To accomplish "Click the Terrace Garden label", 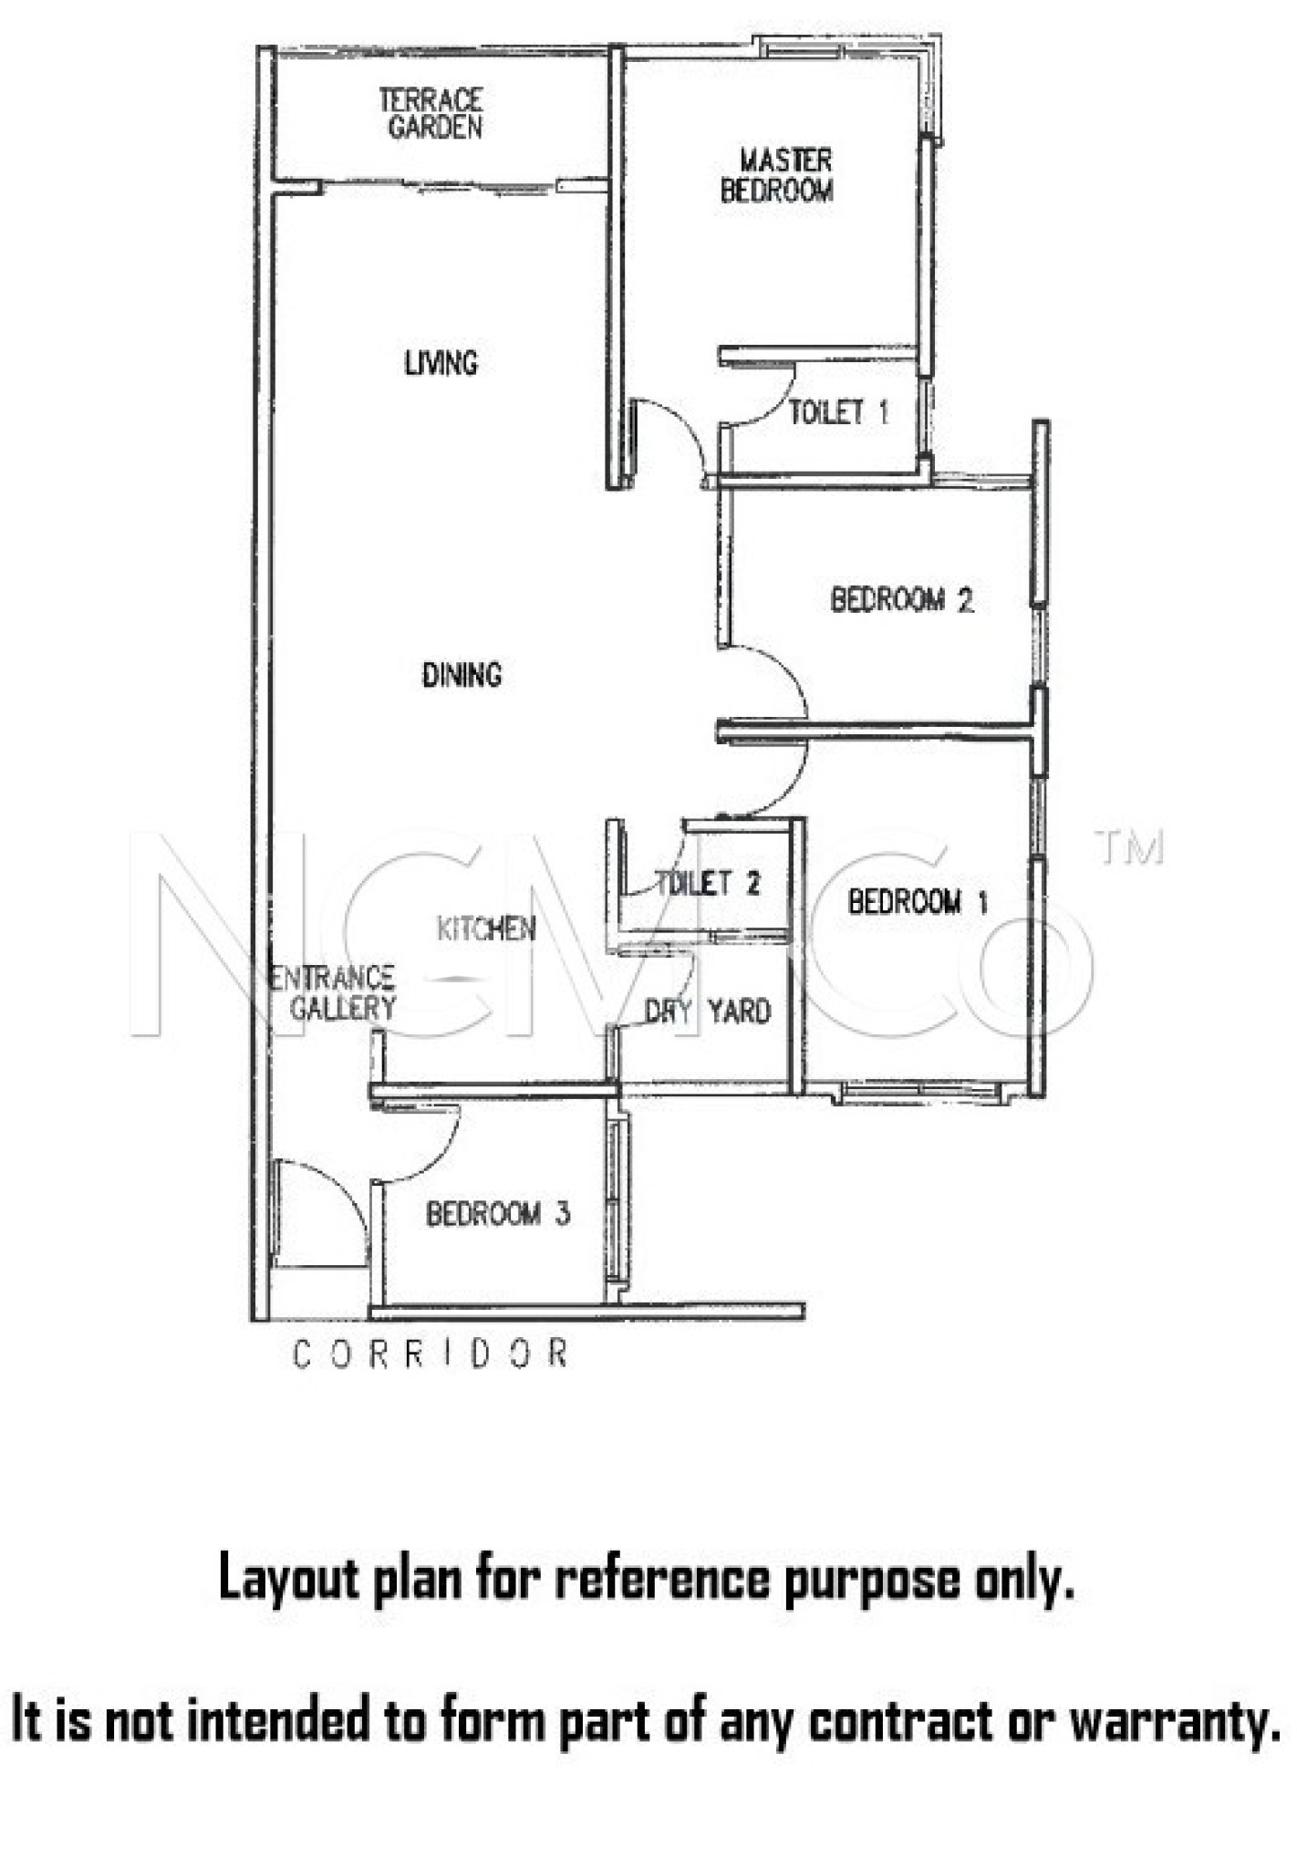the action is coord(431,113).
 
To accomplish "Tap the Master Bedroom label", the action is coord(777,175).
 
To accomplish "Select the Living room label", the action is coord(441,363).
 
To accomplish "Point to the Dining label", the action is coord(462,675).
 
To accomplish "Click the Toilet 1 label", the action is coord(838,412).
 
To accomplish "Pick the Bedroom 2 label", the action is coord(902,600).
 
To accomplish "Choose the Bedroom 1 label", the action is coord(918,902).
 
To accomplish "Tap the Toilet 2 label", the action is coord(708,882).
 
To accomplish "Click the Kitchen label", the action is coord(486,929).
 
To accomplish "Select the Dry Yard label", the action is coord(708,1011).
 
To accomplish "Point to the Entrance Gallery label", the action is coord(334,993).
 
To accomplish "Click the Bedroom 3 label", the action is coord(498,1214).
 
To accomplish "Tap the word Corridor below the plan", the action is coord(431,1354).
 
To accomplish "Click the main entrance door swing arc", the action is coord(339,1187).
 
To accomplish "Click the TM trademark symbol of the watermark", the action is coord(1129,847).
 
